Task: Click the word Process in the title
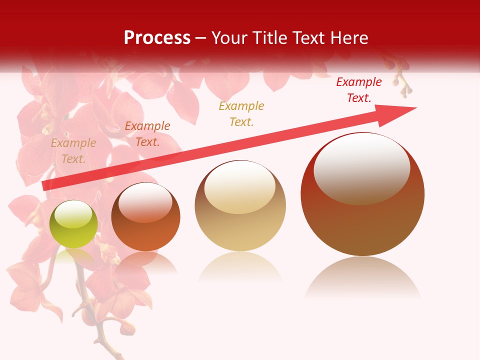(x=157, y=38)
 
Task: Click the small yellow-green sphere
(x=73, y=224)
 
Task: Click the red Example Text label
(x=359, y=90)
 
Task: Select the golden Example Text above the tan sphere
(x=241, y=114)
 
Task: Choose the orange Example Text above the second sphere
(x=147, y=134)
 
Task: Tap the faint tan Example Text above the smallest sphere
(x=73, y=151)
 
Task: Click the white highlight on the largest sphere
(x=361, y=167)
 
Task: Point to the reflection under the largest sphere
(x=362, y=277)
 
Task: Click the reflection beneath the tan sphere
(x=240, y=267)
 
